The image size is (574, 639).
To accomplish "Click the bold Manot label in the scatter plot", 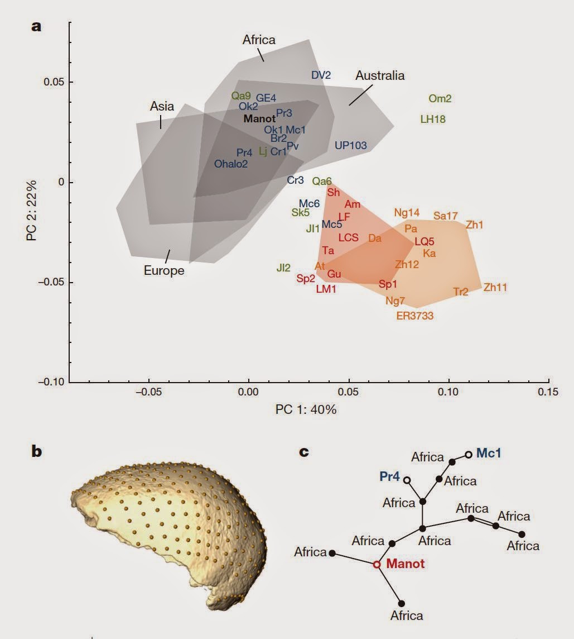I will tap(259, 118).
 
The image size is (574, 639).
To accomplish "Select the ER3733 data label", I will tap(414, 316).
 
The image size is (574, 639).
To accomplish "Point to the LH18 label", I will tap(433, 119).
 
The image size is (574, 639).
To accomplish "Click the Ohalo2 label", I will tap(231, 164).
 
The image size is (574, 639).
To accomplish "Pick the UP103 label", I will tap(351, 145).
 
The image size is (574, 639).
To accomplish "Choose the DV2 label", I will tap(321, 75).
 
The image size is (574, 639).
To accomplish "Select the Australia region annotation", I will tap(380, 75).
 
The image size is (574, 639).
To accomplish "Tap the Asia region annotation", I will tap(162, 106).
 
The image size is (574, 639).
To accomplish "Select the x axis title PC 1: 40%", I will tap(306, 410).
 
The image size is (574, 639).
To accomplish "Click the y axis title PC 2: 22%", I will tap(31, 211).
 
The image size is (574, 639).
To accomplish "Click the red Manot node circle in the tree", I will tap(377, 564).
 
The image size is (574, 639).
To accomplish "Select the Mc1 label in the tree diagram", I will tap(489, 453).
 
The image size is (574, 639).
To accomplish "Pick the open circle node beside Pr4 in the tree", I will tap(407, 480).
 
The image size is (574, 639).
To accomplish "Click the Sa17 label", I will tap(445, 216).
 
